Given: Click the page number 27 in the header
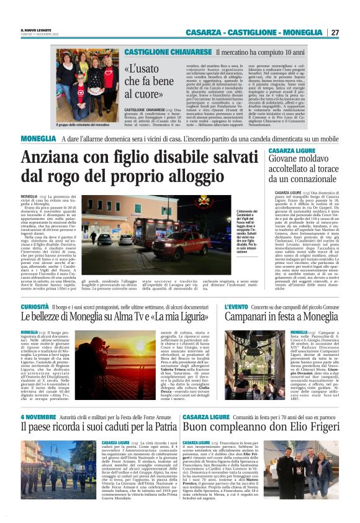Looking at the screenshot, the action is pos(335,32).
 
